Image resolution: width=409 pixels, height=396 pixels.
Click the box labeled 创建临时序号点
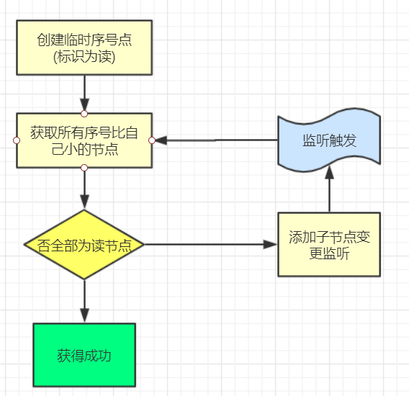click(84, 48)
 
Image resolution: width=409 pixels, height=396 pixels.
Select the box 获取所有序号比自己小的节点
click(84, 140)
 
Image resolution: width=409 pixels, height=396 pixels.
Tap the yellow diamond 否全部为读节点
click(84, 245)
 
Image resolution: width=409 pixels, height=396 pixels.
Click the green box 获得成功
click(84, 355)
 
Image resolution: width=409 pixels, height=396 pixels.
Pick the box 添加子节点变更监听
click(329, 244)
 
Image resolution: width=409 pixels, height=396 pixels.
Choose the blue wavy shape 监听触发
click(329, 140)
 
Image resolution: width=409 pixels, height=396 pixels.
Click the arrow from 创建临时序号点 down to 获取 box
click(84, 94)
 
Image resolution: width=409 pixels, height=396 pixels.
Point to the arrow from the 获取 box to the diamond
click(84, 189)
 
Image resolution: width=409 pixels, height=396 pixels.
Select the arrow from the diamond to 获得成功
click(84, 301)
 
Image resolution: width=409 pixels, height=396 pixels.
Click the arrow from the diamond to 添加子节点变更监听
click(211, 244)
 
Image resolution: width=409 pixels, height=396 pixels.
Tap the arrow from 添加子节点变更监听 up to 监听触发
click(330, 189)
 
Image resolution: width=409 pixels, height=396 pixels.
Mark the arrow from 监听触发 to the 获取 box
click(217, 140)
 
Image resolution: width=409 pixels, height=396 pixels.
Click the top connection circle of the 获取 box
click(84, 114)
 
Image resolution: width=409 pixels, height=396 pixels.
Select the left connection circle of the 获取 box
click(17, 140)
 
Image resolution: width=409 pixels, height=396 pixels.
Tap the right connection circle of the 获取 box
click(152, 140)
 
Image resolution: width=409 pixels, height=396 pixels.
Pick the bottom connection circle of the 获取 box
click(84, 168)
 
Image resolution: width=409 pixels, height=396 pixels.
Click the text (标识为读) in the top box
click(84, 56)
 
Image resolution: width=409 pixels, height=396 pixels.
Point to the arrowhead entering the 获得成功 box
click(84, 315)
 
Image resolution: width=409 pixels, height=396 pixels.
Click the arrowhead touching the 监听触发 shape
click(330, 173)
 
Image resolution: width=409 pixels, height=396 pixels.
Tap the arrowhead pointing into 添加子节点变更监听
click(270, 244)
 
